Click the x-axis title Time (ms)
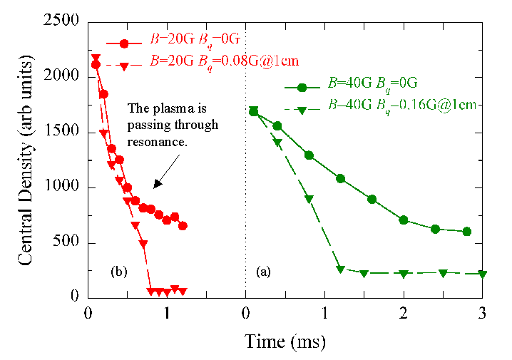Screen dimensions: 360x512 pyautogui.click(x=285, y=341)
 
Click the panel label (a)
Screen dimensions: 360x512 pyautogui.click(x=263, y=272)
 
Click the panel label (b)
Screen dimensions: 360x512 pyautogui.click(x=118, y=272)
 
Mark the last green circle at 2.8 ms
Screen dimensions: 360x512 pyautogui.click(x=467, y=231)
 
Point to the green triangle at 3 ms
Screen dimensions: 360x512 pyautogui.click(x=483, y=274)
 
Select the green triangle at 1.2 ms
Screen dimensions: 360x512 pyautogui.click(x=341, y=269)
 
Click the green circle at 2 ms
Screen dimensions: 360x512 pyautogui.click(x=404, y=220)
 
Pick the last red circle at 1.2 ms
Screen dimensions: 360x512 pyautogui.click(x=183, y=225)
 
